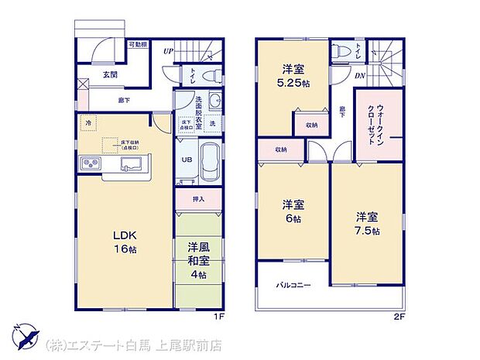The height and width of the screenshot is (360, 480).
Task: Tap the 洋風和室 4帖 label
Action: coord(197,261)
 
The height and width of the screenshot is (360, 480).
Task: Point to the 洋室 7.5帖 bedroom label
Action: coord(368,222)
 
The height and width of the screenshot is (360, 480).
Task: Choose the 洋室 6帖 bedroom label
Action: coord(292,212)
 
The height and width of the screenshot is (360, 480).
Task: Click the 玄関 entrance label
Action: coord(109,74)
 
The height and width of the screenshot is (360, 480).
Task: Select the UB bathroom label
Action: coord(187,160)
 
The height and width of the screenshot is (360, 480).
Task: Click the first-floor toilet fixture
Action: coord(208,75)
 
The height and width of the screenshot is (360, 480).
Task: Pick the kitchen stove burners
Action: coord(90,164)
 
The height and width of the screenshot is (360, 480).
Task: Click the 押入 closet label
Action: coord(198,199)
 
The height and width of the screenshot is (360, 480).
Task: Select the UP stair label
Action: coord(168,51)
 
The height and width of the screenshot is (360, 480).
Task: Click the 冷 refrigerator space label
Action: coord(89,123)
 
